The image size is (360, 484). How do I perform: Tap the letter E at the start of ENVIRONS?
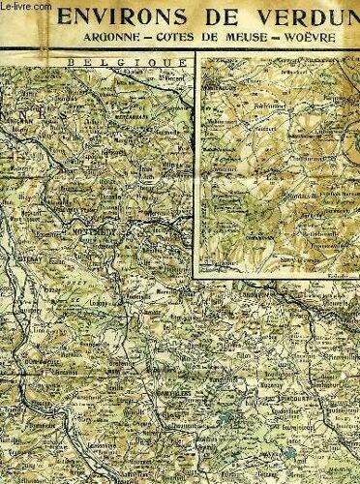coord(89,20)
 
